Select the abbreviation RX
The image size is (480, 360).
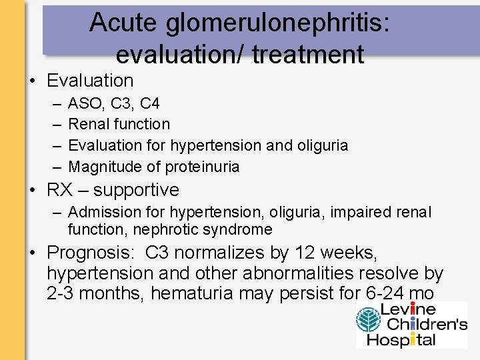coord(59,190)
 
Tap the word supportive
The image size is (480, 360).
coord(136,191)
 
